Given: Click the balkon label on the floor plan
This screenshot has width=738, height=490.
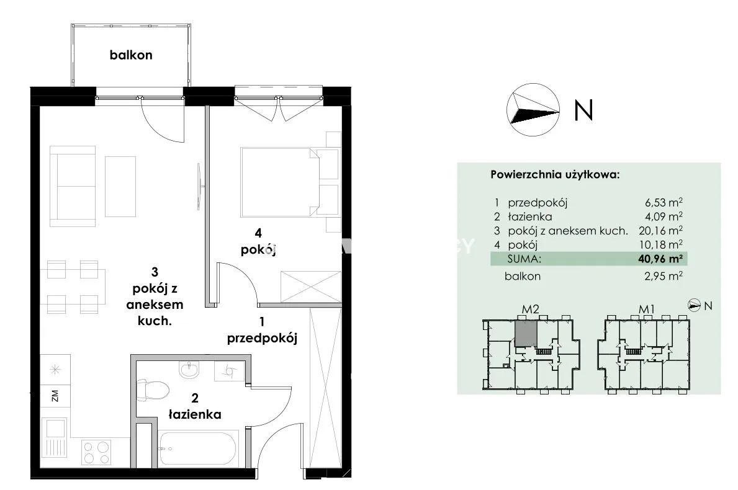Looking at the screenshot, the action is click(131, 55).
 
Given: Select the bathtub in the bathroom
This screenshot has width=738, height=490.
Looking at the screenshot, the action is click(197, 448).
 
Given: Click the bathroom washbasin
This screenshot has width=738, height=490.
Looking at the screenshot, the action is click(189, 370).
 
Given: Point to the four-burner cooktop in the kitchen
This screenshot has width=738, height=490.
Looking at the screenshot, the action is click(96, 452).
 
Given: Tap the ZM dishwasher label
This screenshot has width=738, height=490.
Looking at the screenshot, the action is click(55, 396).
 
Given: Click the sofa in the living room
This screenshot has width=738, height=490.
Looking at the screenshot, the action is click(73, 185).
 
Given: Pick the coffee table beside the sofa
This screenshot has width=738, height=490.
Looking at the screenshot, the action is click(120, 187).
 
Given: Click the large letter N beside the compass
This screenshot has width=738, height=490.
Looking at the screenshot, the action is click(583, 110).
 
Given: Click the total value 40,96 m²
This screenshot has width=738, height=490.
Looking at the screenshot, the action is click(660, 258).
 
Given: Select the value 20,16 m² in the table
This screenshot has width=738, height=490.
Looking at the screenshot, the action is click(660, 230).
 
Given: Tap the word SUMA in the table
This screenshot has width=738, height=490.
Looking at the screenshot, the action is click(524, 259).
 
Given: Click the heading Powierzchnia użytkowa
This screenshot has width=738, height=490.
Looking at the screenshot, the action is click(555, 175).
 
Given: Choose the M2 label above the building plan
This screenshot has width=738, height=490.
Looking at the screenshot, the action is click(531, 310).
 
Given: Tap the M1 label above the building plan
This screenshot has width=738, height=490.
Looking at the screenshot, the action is click(647, 310).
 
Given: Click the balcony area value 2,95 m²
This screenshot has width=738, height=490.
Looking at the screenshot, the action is click(664, 276).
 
